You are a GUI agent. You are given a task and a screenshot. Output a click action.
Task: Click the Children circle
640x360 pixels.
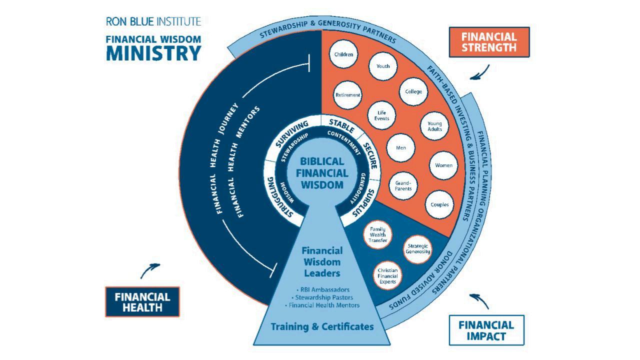pyautogui.click(x=344, y=54)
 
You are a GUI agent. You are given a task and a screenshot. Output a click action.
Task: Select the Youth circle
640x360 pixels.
pyautogui.click(x=383, y=66)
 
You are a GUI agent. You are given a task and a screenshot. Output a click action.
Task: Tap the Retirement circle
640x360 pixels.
pyautogui.click(x=348, y=95)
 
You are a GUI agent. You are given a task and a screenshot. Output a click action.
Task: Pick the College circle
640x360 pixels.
pyautogui.click(x=413, y=91)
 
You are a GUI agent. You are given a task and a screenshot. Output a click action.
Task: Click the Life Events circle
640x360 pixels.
pyautogui.click(x=382, y=115)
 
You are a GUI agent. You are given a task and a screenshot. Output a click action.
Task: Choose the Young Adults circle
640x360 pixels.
pyautogui.click(x=434, y=126)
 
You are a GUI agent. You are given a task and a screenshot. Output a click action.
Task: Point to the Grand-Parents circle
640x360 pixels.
pyautogui.click(x=403, y=185)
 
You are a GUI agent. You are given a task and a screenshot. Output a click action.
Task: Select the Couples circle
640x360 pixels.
pyautogui.click(x=439, y=204)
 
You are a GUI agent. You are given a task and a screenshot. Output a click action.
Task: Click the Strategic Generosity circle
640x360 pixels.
pyautogui.click(x=418, y=248)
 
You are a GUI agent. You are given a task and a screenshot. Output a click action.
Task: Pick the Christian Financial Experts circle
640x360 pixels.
pyautogui.click(x=387, y=276)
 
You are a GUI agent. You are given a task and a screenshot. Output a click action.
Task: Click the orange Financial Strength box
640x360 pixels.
pyautogui.click(x=488, y=42)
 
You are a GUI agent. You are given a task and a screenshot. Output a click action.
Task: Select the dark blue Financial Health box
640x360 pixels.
pyautogui.click(x=142, y=301)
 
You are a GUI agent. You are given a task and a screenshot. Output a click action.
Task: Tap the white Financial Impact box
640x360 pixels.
pyautogui.click(x=486, y=330)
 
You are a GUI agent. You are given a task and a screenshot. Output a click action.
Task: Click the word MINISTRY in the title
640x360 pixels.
pyautogui.click(x=153, y=53)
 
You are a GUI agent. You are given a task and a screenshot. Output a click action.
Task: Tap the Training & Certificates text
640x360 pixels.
pyautogui.click(x=322, y=327)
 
